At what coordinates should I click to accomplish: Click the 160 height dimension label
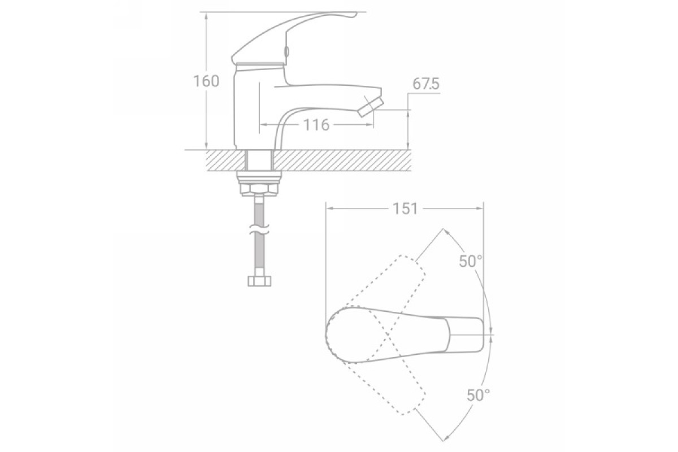point(206,81)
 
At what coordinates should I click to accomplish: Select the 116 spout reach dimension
point(316,125)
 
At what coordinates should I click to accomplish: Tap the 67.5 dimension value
point(426,84)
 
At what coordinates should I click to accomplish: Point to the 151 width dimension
point(405,208)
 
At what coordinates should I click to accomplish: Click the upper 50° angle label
point(470,261)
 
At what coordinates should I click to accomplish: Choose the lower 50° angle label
point(478,395)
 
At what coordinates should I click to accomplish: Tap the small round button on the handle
point(286,51)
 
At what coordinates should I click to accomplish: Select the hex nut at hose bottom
point(259,281)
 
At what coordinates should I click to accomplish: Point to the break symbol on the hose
point(259,229)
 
